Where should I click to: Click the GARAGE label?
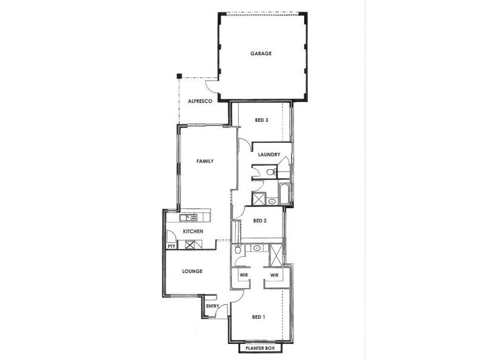point(261,53)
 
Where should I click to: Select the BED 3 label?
point(261,120)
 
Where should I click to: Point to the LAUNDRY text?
point(269,155)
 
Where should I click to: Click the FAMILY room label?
point(205,161)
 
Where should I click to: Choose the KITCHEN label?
point(193,232)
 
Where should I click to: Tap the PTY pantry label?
point(171,246)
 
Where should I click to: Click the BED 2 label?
point(260,220)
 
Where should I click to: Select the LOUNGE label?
point(193,271)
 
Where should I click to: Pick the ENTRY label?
point(212,307)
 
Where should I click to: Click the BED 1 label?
point(259,317)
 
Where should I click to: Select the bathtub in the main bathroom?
point(284,194)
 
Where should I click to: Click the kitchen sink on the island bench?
point(191,217)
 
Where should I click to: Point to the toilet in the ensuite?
point(238,250)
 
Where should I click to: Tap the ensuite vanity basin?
point(257,248)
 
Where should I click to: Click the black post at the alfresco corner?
point(179,76)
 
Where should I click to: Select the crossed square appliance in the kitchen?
point(190,245)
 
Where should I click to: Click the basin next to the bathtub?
point(271,202)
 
